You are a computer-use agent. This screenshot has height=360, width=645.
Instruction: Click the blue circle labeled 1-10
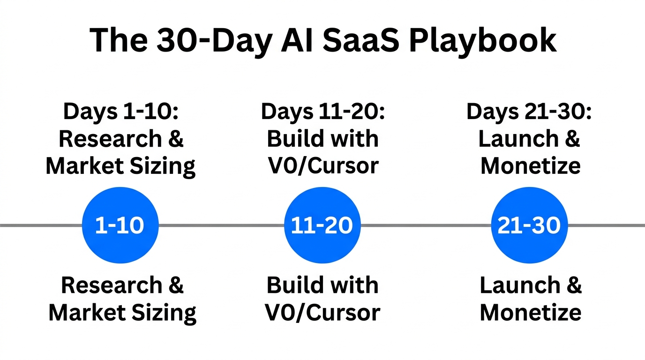[120, 225]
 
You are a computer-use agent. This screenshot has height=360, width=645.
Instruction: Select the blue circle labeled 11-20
[322, 225]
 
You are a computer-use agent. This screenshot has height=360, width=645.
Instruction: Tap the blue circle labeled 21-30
[529, 225]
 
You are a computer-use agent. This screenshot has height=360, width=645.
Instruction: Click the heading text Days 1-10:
[121, 112]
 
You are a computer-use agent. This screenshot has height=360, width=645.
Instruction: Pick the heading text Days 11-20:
[322, 112]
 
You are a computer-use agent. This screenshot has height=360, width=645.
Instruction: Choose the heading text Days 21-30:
[529, 112]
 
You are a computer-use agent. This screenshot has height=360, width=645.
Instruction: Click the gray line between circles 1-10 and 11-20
[221, 225]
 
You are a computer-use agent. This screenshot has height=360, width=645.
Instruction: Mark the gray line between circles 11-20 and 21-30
[426, 225]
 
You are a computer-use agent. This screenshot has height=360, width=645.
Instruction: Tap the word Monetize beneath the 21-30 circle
[531, 312]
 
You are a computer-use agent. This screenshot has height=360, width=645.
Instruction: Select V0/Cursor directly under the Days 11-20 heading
[322, 166]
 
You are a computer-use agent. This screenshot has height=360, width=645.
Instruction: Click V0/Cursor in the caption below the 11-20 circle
[322, 312]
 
